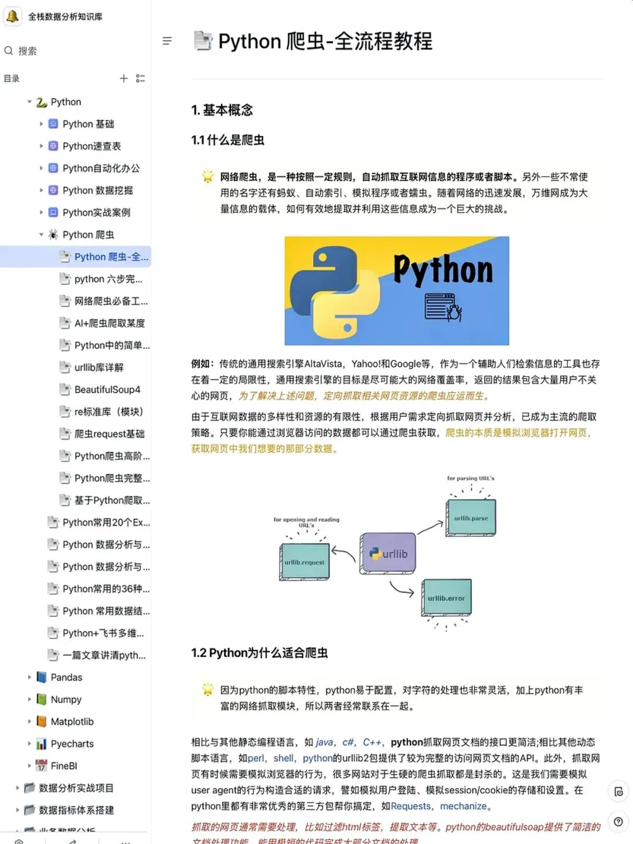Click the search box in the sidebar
28,51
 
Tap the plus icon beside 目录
124,79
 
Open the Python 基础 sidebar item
88,124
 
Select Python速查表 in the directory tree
91,146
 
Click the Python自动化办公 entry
101,168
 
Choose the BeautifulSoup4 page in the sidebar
107,390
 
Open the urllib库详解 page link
98,367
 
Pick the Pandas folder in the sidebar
66,677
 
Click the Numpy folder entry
66,699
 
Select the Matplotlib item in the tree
72,722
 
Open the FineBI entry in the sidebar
64,766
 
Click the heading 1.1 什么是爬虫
227,140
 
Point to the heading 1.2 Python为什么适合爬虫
259,653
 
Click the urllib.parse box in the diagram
471,518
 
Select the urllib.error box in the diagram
446,598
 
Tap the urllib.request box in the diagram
304,562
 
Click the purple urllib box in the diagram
389,553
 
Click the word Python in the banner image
443,270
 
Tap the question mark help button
618,822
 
